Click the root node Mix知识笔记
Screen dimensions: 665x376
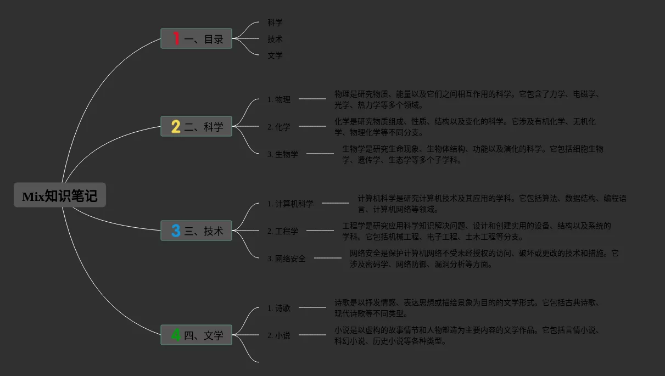click(x=60, y=195)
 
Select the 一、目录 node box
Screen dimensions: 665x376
click(x=196, y=38)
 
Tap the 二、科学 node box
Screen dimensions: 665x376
click(x=196, y=126)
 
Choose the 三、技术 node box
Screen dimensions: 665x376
click(x=196, y=231)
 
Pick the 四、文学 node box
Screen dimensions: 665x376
click(x=196, y=335)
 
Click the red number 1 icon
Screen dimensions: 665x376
click(x=176, y=38)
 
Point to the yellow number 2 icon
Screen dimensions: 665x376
click(x=176, y=127)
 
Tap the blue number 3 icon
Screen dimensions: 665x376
click(x=176, y=231)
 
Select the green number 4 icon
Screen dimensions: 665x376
click(x=176, y=335)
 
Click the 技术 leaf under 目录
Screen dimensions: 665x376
click(x=275, y=39)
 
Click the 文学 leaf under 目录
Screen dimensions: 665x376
click(x=275, y=55)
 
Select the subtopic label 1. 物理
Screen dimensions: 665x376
click(x=279, y=99)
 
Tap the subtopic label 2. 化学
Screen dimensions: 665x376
click(x=279, y=127)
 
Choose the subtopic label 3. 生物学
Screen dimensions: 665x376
click(x=283, y=154)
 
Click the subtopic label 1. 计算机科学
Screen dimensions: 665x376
click(x=290, y=204)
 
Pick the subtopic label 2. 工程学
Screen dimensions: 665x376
click(x=283, y=231)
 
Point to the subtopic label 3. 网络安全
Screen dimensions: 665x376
click(x=287, y=259)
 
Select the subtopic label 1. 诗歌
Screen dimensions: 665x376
click(x=279, y=308)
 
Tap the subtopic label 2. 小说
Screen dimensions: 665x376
click(x=279, y=335)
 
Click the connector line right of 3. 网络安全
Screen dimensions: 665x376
click(x=328, y=258)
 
